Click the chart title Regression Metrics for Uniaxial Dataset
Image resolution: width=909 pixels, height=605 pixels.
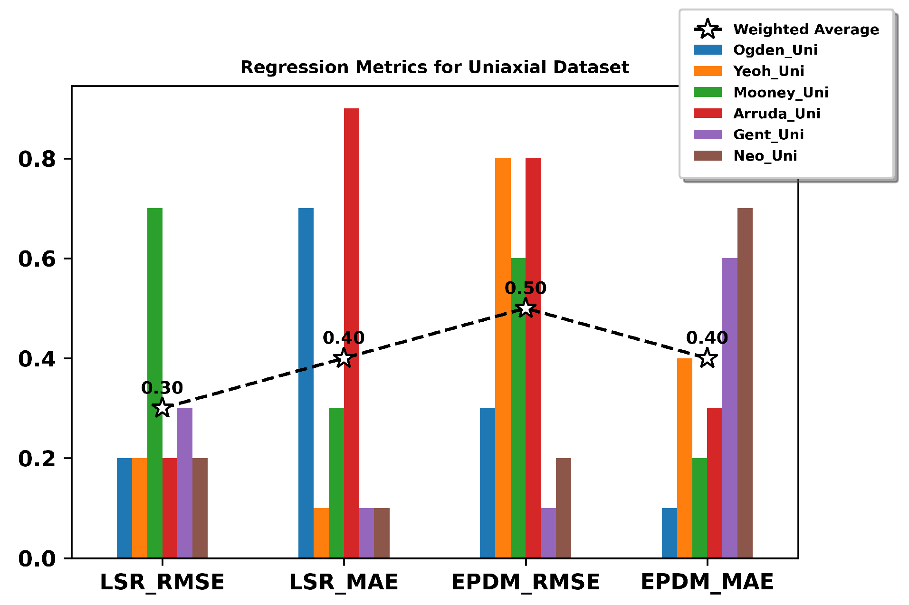[x=434, y=67]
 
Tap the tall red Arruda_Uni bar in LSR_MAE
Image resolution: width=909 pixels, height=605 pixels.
[x=351, y=333]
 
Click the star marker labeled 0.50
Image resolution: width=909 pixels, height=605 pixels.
[x=526, y=308]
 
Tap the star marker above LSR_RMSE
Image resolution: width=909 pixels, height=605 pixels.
[x=162, y=408]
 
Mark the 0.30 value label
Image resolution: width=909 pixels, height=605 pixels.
[x=162, y=388]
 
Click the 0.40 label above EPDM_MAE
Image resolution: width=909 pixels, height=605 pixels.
[x=707, y=338]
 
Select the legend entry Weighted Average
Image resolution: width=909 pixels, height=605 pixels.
[x=805, y=29]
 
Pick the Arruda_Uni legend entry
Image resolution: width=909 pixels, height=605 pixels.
[x=776, y=114]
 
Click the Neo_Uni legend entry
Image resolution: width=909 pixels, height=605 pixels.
[x=765, y=156]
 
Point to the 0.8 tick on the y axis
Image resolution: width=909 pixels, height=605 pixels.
[x=37, y=159]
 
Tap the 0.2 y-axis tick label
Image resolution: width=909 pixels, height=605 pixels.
[x=37, y=459]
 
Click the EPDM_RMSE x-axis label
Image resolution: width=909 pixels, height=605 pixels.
[x=526, y=582]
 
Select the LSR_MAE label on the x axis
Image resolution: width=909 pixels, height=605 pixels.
[x=344, y=582]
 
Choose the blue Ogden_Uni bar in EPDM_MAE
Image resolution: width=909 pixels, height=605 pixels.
[x=669, y=533]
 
